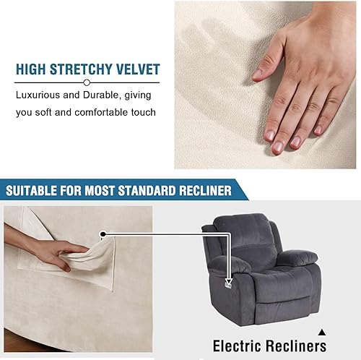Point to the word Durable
[110, 95]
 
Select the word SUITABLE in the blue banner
[35, 191]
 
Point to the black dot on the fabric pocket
[104, 234]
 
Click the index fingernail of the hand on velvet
[277, 147]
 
